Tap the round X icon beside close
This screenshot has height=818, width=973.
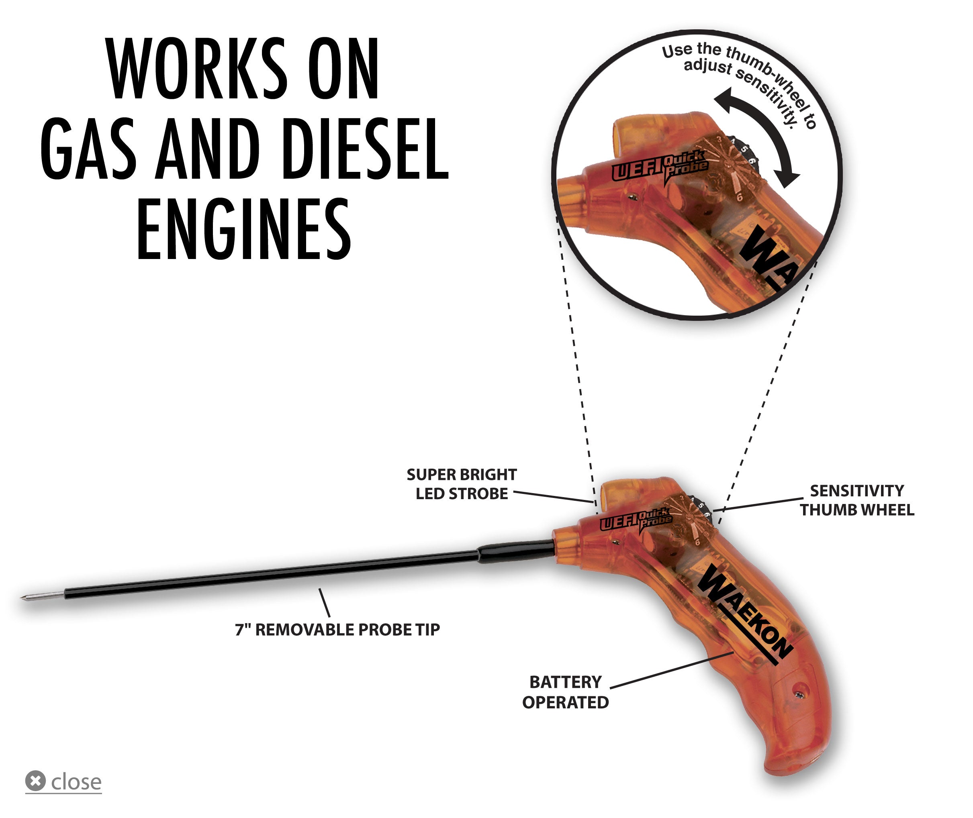click(x=35, y=781)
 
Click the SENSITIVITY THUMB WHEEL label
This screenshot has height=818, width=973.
click(x=856, y=500)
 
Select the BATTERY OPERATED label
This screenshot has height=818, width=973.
click(x=565, y=692)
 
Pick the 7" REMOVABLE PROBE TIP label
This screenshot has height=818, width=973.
click(x=337, y=630)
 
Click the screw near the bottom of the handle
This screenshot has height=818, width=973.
click(x=799, y=694)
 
